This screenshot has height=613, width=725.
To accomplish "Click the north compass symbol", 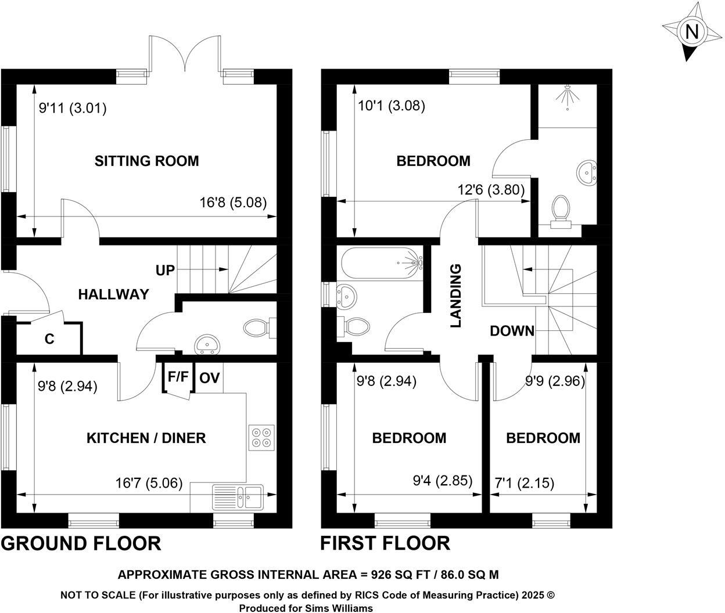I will pos(691,31).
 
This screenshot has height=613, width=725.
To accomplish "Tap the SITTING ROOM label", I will pos(146,161).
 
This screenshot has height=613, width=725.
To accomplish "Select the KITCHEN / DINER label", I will pos(146,438).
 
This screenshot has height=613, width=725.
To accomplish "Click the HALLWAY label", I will pos(113,294).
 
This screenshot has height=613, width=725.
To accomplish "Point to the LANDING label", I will pos(456,295).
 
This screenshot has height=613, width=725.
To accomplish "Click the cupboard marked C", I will pos(49,339).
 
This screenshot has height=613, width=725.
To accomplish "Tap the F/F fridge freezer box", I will pos(178,377).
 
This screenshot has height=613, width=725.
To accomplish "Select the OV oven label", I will pos(209,378).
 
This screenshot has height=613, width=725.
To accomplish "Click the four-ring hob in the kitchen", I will pos(261,438).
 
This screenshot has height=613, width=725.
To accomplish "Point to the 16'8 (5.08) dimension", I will pos(233,203).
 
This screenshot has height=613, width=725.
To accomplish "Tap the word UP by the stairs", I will pos(165,270).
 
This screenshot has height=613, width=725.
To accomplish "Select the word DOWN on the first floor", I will pos(512,331).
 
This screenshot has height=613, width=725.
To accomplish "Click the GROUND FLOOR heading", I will pos(81,543).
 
